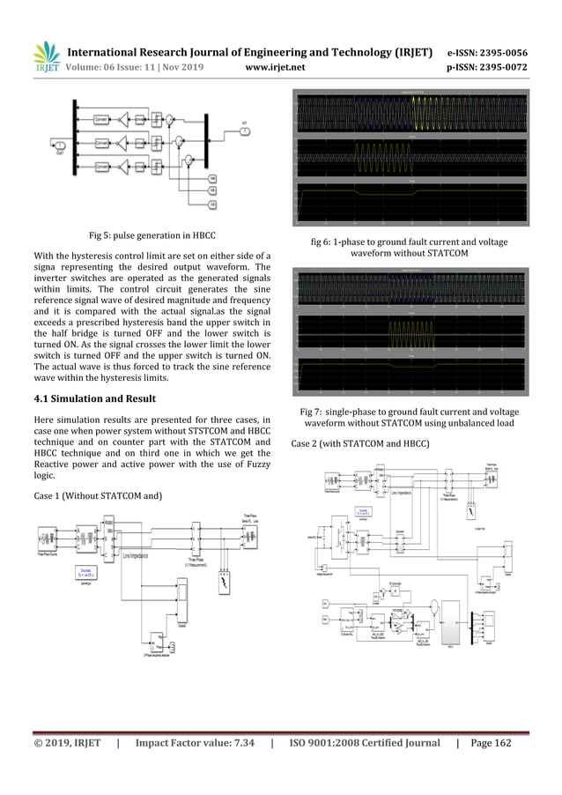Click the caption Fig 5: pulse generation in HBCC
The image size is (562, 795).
point(152,235)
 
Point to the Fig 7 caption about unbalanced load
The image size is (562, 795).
point(409,418)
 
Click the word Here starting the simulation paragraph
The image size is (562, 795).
point(44,419)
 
